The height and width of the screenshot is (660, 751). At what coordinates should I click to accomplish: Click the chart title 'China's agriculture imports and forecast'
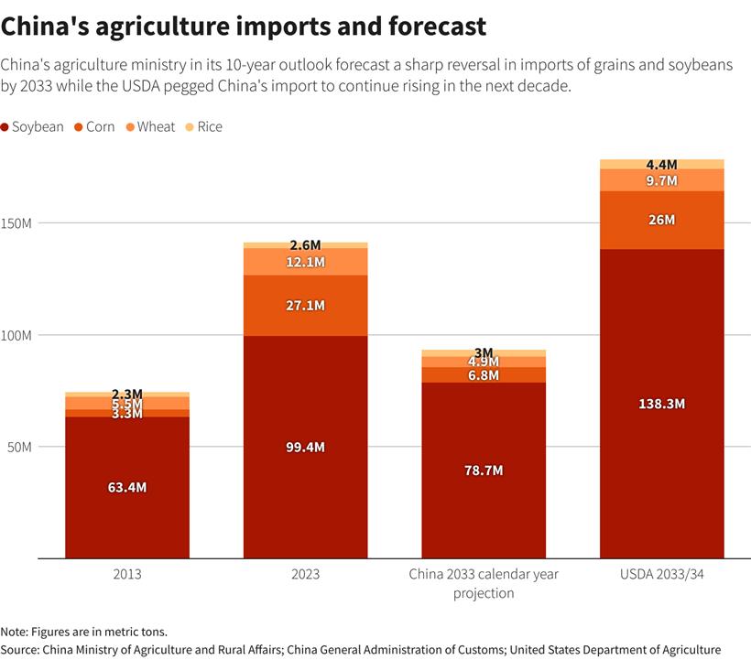(x=244, y=27)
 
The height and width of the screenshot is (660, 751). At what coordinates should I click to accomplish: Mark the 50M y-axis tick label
(x=20, y=447)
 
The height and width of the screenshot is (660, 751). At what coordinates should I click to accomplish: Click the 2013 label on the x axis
(x=126, y=575)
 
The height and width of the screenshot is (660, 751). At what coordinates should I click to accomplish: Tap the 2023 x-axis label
(x=305, y=575)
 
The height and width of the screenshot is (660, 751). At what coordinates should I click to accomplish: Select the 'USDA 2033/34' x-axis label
(x=661, y=575)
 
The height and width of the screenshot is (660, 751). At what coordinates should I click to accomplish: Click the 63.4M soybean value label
(x=126, y=487)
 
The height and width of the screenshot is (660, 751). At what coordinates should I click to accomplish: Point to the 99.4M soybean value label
(x=305, y=447)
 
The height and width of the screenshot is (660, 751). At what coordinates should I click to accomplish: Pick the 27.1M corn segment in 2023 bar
(x=305, y=305)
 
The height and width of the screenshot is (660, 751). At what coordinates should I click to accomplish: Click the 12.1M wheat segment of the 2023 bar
(x=305, y=262)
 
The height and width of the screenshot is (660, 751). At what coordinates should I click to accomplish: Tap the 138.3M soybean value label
(x=661, y=404)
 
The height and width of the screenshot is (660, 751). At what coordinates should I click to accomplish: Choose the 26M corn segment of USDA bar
(x=661, y=220)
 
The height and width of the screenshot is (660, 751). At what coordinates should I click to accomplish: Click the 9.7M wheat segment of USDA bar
(x=661, y=180)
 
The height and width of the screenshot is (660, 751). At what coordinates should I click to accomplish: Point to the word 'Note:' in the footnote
(x=17, y=632)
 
